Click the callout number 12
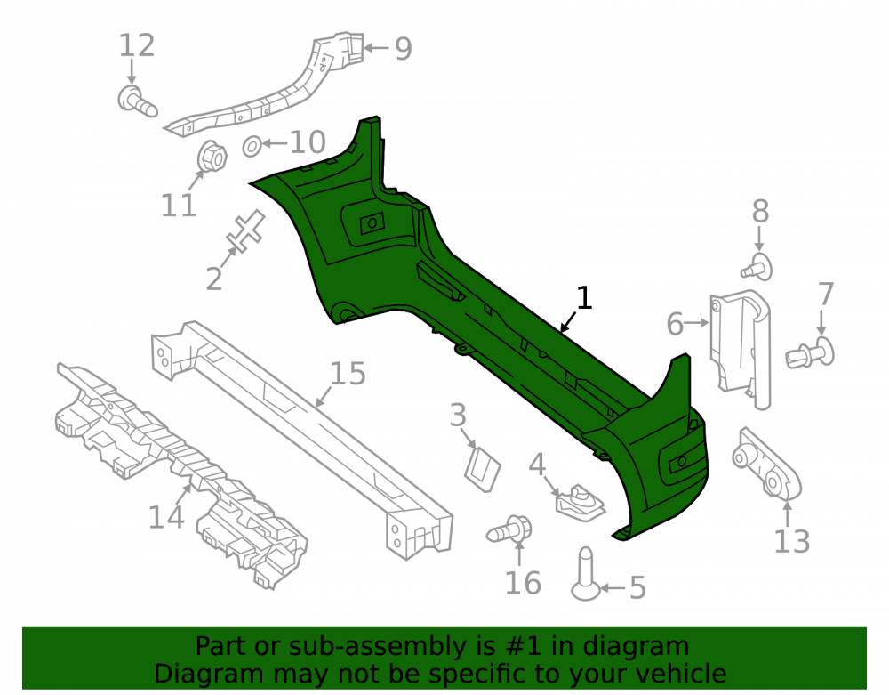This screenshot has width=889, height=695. coord(137,45)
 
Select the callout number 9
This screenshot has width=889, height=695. coord(403,49)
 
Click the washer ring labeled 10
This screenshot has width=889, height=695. coord(252,146)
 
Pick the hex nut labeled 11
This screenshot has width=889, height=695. coord(212,157)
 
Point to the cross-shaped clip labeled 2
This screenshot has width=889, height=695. coord(245,231)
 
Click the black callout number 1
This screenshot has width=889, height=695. coord(584,298)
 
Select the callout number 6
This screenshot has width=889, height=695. coord(675,324)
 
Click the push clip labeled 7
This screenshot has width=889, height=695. coord(810,353)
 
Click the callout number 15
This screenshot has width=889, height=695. coord(348,374)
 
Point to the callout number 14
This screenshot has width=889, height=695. coord(166,517)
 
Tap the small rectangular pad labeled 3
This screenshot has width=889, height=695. coord(483,469)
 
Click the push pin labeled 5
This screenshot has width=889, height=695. coord(586,574)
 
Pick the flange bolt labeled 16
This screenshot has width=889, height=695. coord(509,529)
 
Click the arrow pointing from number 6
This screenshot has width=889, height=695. coord(697,323)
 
